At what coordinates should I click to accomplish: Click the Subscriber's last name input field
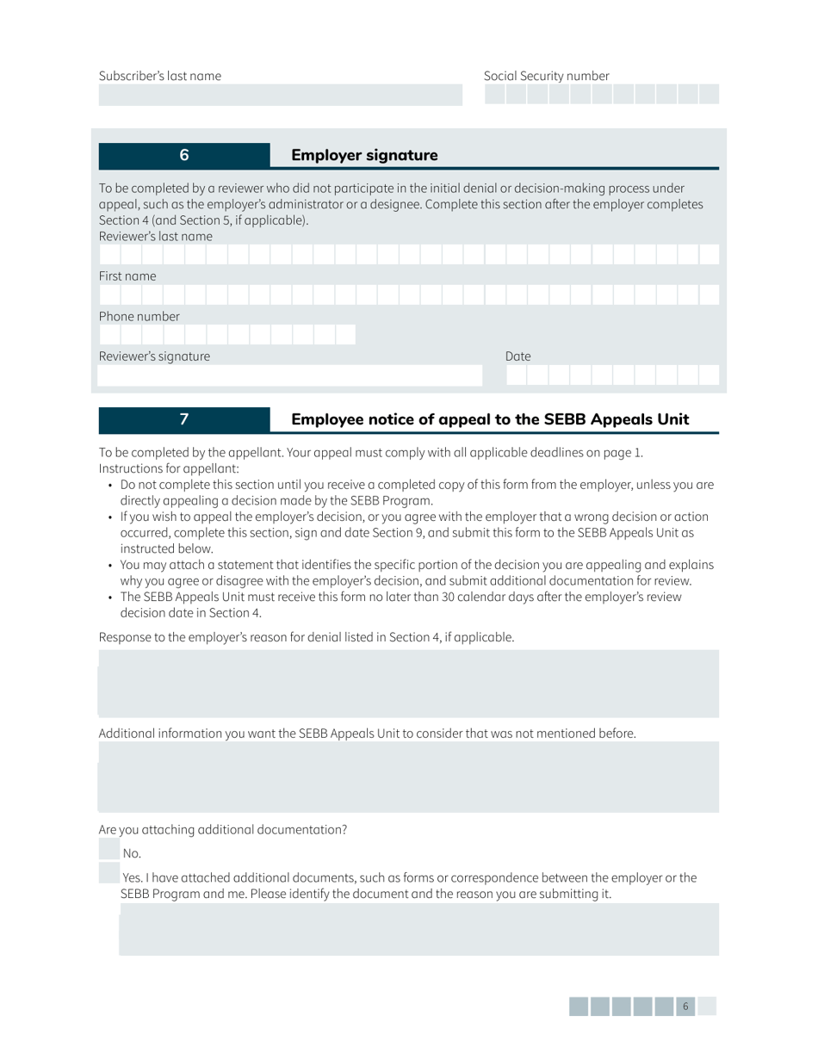pos(280,95)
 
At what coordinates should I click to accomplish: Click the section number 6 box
pos(184,155)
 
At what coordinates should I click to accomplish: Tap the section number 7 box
pos(184,419)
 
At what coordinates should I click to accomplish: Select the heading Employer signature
pos(364,156)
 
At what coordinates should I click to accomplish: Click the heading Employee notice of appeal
pos(490,419)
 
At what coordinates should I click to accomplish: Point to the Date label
pos(517,356)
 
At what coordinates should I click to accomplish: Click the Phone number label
pos(127,316)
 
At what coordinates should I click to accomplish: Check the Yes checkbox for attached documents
pos(109,875)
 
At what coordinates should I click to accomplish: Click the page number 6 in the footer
pos(685,1006)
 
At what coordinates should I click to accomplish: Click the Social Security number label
pos(546,76)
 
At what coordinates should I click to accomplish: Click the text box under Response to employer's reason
pos(408,684)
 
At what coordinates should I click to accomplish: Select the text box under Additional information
pos(408,777)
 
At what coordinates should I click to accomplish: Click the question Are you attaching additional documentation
pos(223,830)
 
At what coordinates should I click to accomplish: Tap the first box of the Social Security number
pos(494,95)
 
